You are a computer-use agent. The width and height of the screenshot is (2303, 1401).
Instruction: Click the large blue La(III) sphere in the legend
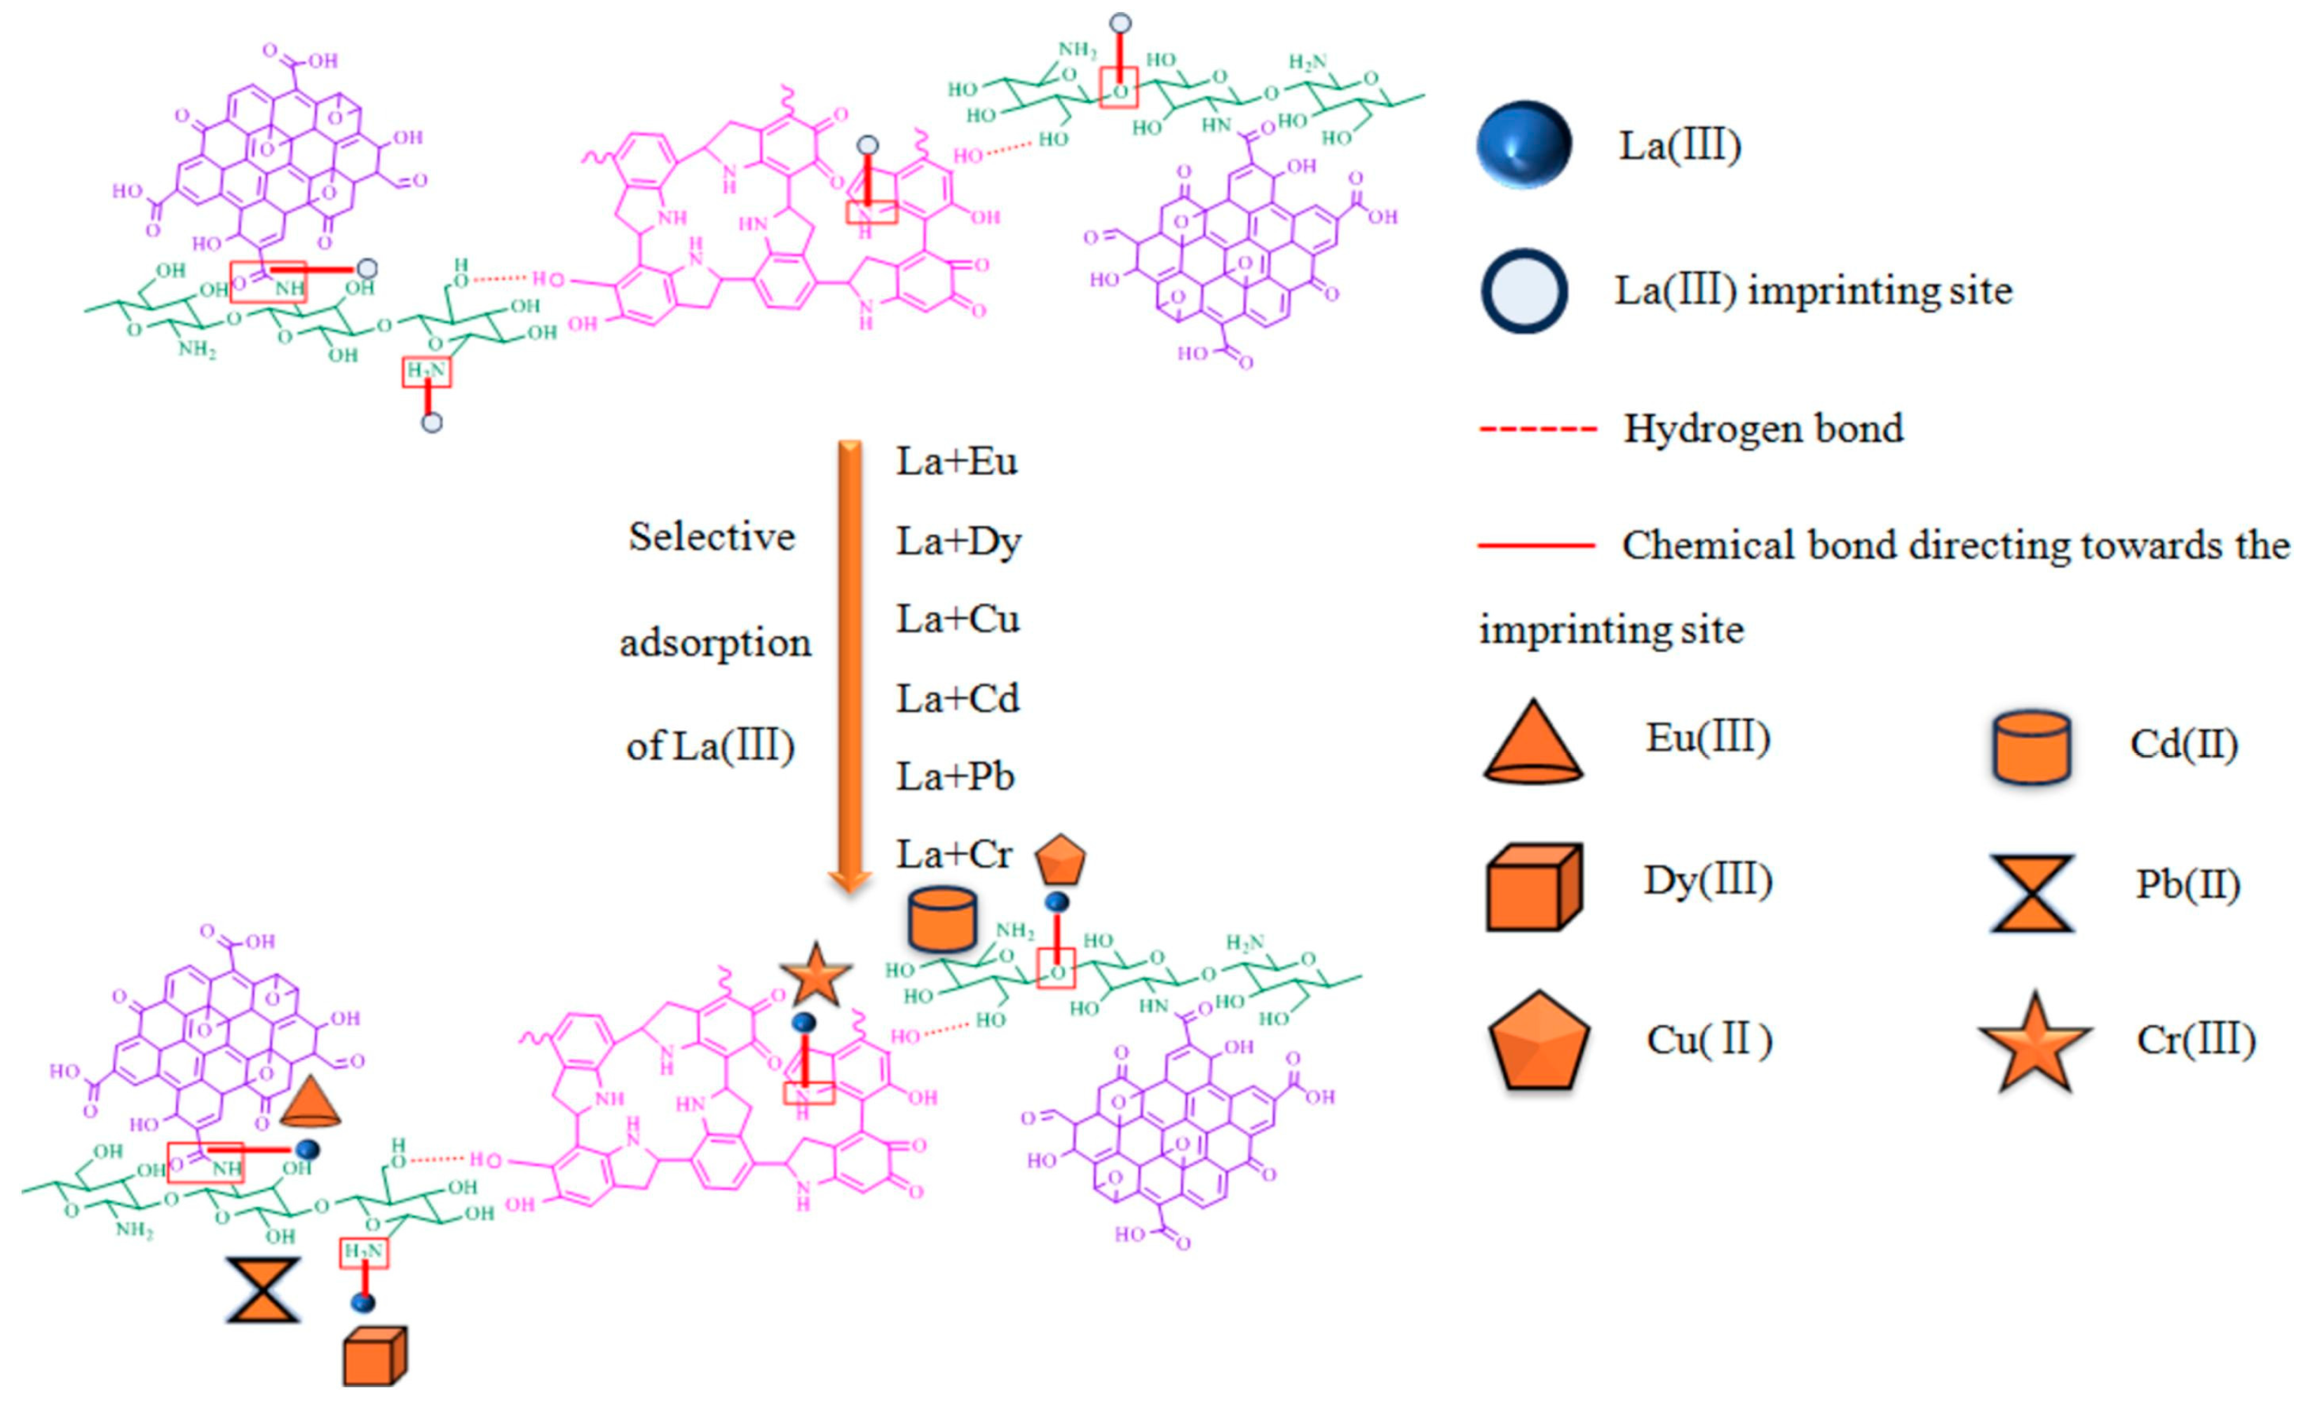(1523, 145)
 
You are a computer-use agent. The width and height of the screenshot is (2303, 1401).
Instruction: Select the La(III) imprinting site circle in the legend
(1523, 291)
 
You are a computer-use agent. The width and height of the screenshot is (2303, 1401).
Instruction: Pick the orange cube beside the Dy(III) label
(1533, 887)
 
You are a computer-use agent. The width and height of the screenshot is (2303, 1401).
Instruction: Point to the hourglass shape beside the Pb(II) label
(2032, 893)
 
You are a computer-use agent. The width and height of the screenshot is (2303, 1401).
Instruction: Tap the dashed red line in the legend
(1537, 430)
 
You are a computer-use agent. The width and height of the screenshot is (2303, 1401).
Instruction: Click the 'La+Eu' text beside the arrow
(956, 461)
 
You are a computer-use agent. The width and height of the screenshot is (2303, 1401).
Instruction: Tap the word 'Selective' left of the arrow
(712, 537)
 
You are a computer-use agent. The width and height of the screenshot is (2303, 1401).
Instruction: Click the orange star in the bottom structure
(816, 975)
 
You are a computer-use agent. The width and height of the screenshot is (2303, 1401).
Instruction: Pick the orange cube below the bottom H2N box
(374, 1356)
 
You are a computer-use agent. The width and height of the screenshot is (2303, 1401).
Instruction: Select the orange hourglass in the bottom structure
(264, 1290)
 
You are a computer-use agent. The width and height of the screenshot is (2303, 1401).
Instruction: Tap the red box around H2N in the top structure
(426, 372)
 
